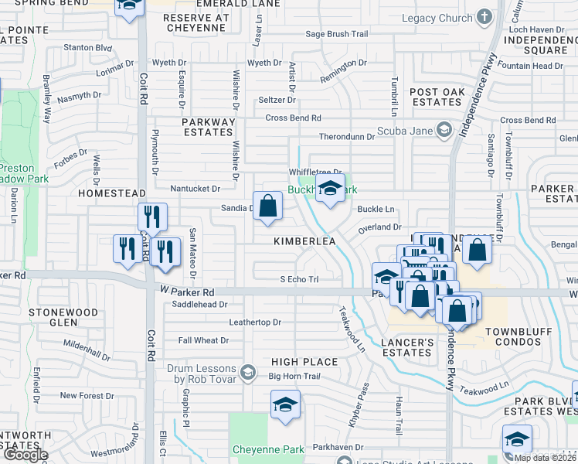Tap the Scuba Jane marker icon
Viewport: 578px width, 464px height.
444,130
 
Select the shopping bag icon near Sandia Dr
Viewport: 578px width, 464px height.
267,206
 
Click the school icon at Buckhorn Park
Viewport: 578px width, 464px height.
330,189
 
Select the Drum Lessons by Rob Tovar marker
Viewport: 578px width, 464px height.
248,373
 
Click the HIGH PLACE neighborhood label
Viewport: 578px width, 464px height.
304,362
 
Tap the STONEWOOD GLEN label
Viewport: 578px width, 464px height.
63,318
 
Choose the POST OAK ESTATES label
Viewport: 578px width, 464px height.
437,97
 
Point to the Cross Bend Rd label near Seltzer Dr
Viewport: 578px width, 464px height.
293,118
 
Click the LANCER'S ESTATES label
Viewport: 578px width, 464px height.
407,347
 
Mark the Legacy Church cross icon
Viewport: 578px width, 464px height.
484,17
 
